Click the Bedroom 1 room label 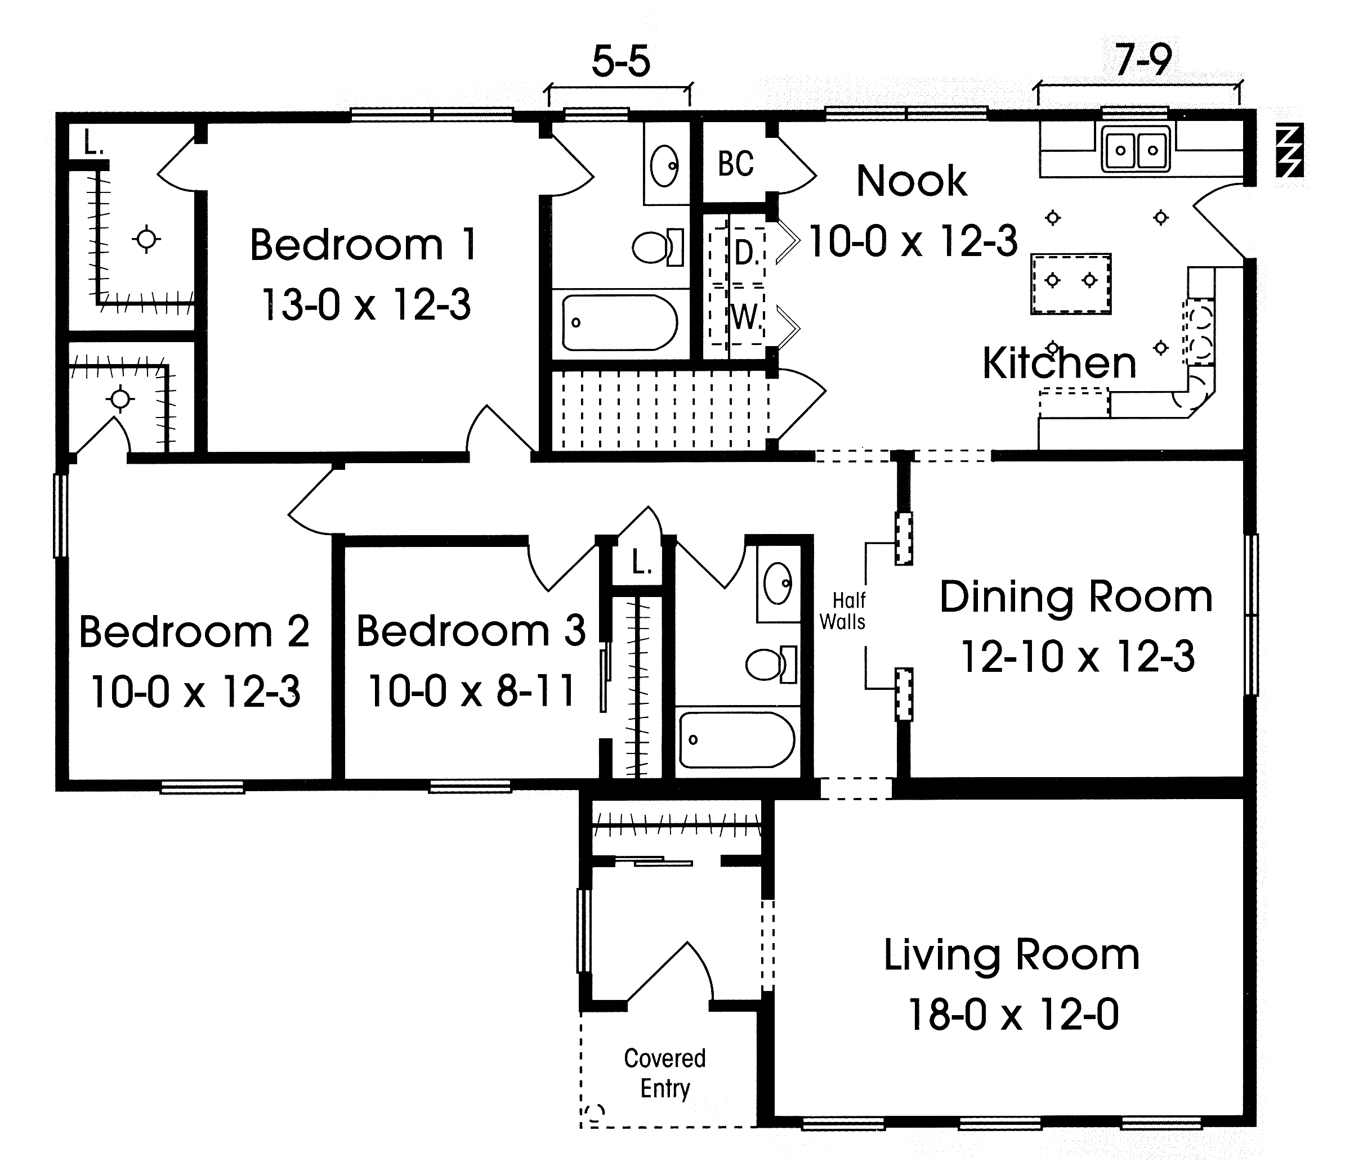coord(364,245)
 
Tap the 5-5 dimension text coord(620,62)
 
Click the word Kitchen coord(1059,363)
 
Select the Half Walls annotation coord(843,611)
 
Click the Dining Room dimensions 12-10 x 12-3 coord(1078,657)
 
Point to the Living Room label coord(1011,955)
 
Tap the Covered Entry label coord(665,1073)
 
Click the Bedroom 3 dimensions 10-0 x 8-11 coord(472,690)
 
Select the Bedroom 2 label coord(194,631)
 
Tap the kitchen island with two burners coord(1070,284)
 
